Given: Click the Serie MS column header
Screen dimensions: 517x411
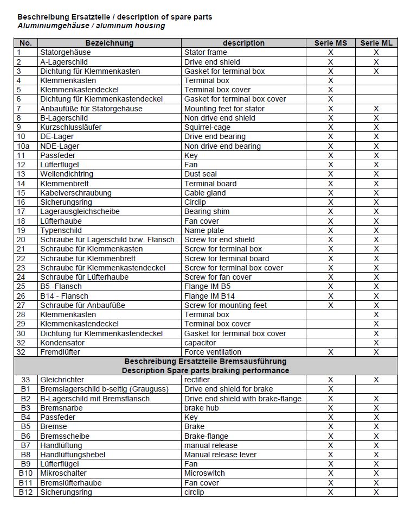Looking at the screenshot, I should click(x=330, y=43).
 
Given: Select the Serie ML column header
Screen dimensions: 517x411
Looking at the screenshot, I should click(x=376, y=43).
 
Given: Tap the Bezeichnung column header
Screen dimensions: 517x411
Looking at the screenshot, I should click(x=109, y=43).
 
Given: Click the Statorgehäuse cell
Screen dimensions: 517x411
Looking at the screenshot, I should click(x=66, y=52).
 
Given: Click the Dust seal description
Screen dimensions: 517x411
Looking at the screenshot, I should click(x=201, y=174).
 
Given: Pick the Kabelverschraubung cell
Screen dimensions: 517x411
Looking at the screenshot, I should click(x=76, y=193).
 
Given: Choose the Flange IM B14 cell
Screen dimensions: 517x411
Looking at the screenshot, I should click(x=210, y=296).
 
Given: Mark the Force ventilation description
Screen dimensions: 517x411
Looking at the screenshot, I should click(x=213, y=352).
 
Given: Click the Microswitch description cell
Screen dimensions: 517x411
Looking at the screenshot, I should click(x=204, y=473).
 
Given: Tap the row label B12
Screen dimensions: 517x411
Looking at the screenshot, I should click(x=25, y=492).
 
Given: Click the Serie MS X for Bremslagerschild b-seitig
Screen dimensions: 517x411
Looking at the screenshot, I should click(x=330, y=389).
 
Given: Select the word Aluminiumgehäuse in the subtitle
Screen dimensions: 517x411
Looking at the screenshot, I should click(x=48, y=26).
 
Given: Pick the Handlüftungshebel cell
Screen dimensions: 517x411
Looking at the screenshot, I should click(x=73, y=455).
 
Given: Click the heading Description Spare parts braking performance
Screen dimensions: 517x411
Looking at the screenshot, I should click(x=206, y=370).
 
